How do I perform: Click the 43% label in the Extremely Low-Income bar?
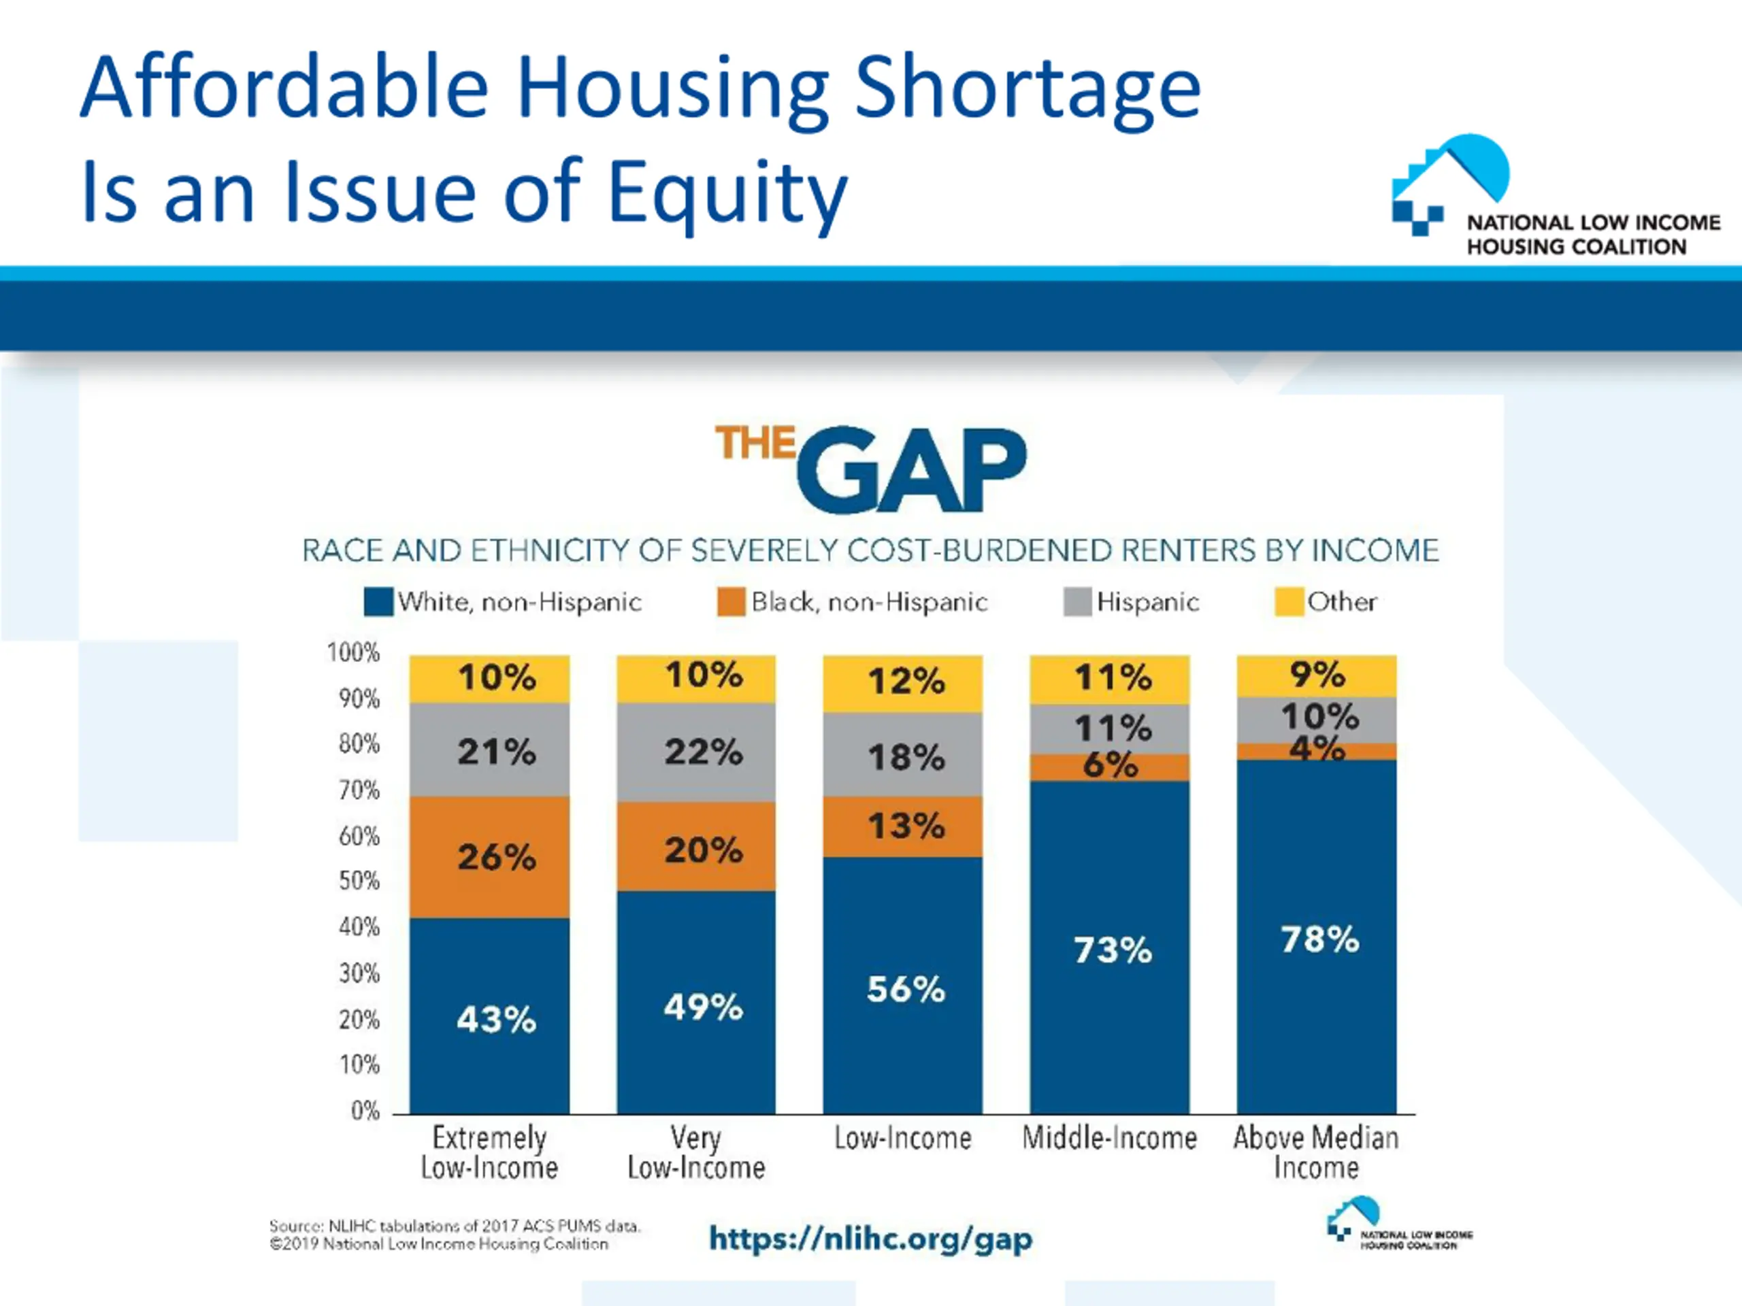pyautogui.click(x=496, y=1020)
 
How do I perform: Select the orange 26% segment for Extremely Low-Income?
pyautogui.click(x=489, y=856)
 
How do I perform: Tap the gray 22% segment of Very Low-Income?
pyautogui.click(x=696, y=752)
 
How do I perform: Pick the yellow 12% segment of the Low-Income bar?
pyautogui.click(x=902, y=682)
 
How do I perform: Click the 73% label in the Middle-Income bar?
pyautogui.click(x=1113, y=950)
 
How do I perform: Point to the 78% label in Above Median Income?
pyautogui.click(x=1319, y=940)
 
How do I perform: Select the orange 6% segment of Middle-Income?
pyautogui.click(x=1110, y=767)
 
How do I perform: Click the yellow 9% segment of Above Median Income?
pyautogui.click(x=1317, y=675)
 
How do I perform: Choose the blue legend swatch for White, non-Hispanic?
pyautogui.click(x=378, y=602)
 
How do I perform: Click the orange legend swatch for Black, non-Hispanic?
pyautogui.click(x=731, y=602)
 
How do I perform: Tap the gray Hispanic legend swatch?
pyautogui.click(x=1077, y=602)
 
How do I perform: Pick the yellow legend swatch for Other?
pyautogui.click(x=1288, y=602)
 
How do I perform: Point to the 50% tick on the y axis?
pyautogui.click(x=359, y=881)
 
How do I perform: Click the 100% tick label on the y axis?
pyautogui.click(x=354, y=652)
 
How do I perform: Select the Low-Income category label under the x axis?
pyautogui.click(x=902, y=1138)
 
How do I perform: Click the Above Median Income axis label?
pyautogui.click(x=1316, y=1152)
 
